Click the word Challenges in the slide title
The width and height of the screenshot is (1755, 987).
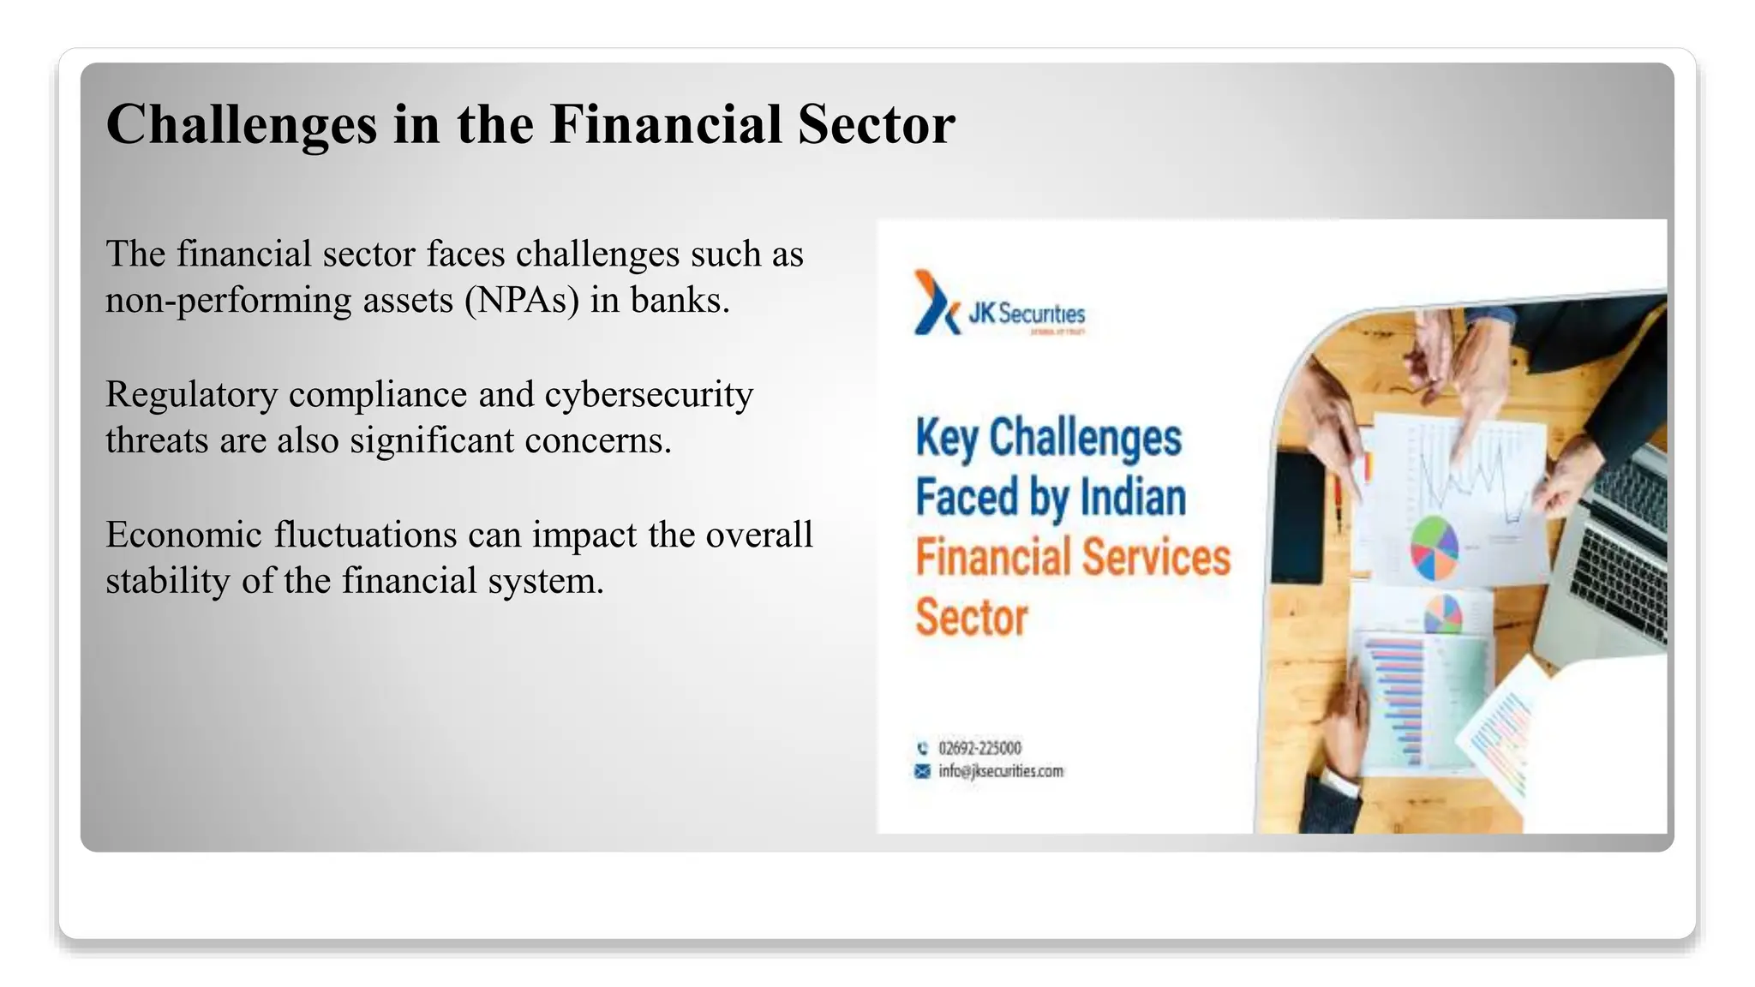(241, 125)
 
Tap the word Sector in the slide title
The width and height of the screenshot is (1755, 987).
(876, 125)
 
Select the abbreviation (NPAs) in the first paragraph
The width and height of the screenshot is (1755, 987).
(522, 301)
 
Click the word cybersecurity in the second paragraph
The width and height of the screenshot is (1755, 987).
(649, 395)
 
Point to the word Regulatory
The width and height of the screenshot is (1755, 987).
(192, 395)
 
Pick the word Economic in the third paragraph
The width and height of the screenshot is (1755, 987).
(184, 535)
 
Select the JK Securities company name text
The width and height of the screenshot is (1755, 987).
(1027, 314)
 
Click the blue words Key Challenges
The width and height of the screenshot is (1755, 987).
(1048, 438)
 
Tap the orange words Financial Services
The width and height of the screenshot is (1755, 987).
(1072, 557)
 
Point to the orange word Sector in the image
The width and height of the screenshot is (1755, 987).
(971, 618)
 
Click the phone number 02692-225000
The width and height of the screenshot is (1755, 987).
(979, 748)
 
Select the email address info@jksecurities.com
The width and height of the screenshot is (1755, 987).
(1000, 771)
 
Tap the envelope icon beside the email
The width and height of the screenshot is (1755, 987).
(922, 771)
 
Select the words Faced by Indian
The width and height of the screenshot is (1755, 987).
(1051, 498)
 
